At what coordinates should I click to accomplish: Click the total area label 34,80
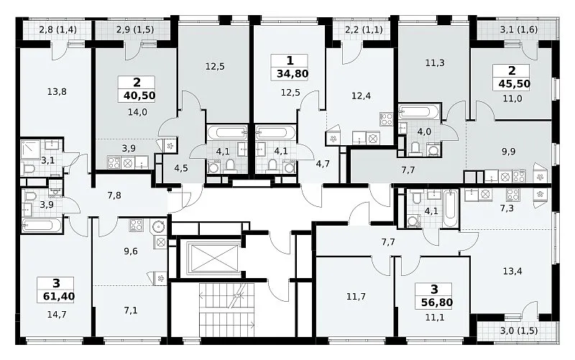(293, 74)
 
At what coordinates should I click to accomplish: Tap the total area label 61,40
(59, 296)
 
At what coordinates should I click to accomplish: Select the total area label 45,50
(514, 84)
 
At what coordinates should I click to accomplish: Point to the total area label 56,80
(437, 303)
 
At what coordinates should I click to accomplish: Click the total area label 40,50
(139, 96)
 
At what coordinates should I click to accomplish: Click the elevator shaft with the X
(213, 259)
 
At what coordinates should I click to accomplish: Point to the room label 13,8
(57, 92)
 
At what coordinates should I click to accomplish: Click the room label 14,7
(57, 314)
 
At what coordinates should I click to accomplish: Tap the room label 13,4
(512, 272)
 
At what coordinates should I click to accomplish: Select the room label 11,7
(356, 296)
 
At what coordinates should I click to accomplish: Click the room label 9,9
(508, 152)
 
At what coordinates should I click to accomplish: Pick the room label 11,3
(435, 63)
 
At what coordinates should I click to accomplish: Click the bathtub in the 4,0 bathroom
(418, 112)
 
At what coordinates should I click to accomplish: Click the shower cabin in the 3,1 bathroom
(31, 149)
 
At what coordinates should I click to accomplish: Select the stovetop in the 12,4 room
(387, 119)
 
